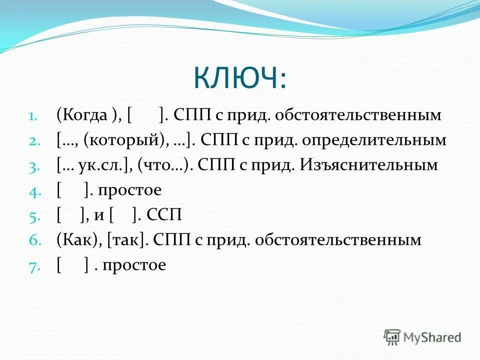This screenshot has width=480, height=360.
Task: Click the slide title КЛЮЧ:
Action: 240,79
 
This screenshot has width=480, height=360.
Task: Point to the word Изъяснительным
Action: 368,165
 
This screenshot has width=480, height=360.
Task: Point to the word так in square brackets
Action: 125,240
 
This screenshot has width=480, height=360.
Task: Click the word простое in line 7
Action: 134,265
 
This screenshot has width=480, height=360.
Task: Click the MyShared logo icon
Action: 392,337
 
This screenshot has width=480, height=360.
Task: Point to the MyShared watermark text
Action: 432,337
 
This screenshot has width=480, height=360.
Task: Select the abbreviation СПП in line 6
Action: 168,240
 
